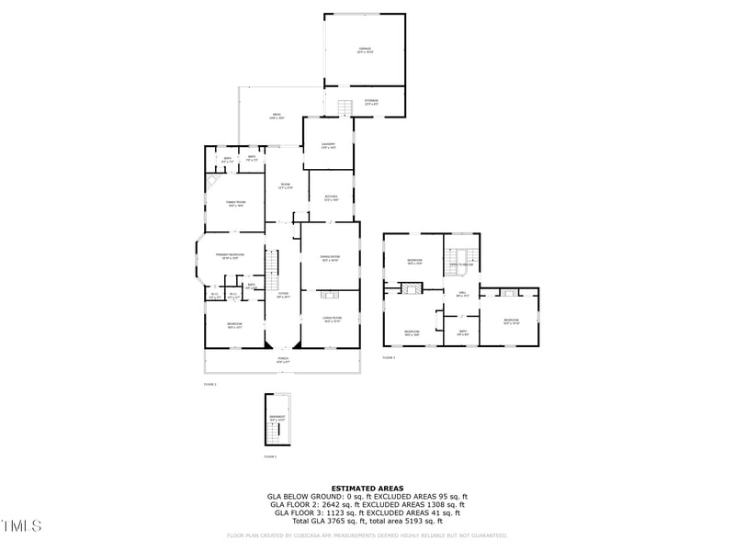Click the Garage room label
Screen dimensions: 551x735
pyautogui.click(x=365, y=51)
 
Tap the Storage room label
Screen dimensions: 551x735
pyautogui.click(x=371, y=102)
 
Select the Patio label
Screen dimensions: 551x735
pyautogui.click(x=277, y=116)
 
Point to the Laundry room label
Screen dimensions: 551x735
pyautogui.click(x=328, y=146)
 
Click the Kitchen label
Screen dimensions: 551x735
pyautogui.click(x=331, y=198)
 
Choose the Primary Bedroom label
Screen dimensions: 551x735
pyautogui.click(x=228, y=256)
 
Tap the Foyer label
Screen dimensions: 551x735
pyautogui.click(x=283, y=296)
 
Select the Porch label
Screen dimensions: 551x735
pyautogui.click(x=283, y=360)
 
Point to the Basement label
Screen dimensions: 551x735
pyautogui.click(x=277, y=419)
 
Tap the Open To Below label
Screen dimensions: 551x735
pyautogui.click(x=461, y=264)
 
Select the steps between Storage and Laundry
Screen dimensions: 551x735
pyautogui.click(x=345, y=108)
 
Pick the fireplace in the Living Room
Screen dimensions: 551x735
pyautogui.click(x=331, y=295)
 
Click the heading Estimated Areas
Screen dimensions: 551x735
pyautogui.click(x=367, y=489)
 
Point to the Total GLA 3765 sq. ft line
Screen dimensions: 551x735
pyautogui.click(x=367, y=521)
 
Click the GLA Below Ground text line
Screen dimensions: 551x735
pyautogui.click(x=367, y=497)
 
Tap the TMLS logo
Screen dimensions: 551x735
pyautogui.click(x=21, y=526)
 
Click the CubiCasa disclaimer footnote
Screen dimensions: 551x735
pyautogui.click(x=367, y=534)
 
